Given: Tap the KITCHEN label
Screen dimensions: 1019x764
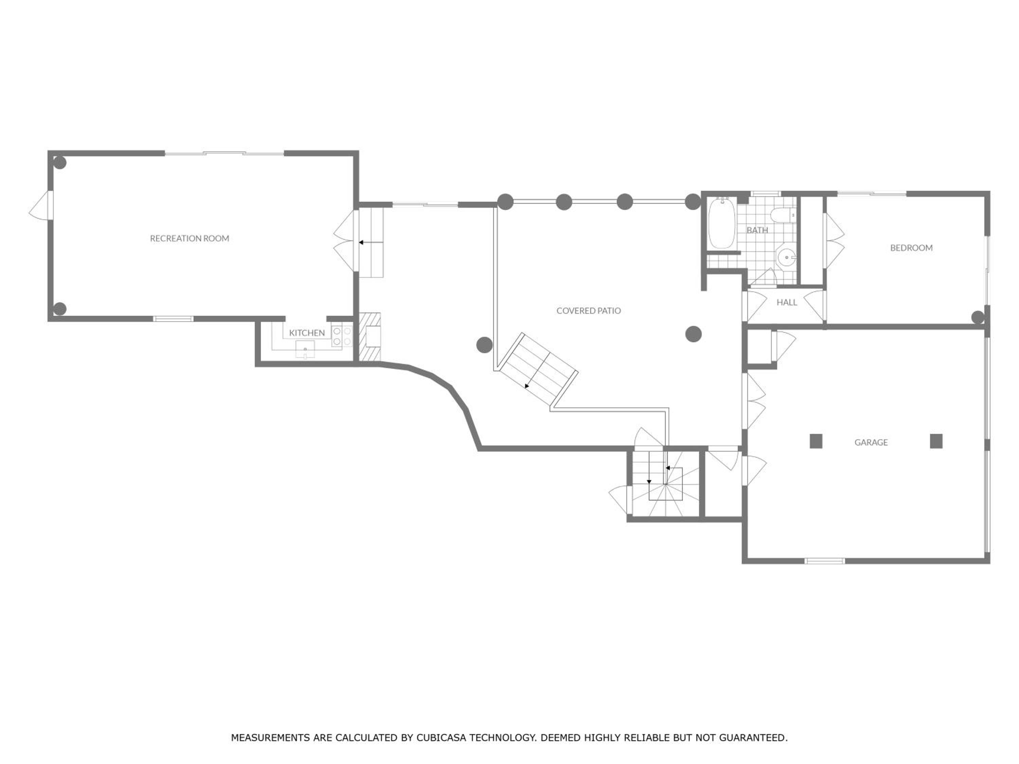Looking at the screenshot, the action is click(x=307, y=332).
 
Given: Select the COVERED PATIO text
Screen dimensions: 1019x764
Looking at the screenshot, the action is click(x=588, y=310).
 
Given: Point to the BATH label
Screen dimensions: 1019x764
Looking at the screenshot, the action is click(x=757, y=230).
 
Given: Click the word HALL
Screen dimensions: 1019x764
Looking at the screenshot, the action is click(x=787, y=302).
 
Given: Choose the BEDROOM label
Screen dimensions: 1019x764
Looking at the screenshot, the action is click(x=911, y=248).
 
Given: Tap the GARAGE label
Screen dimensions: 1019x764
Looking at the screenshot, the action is click(x=871, y=442).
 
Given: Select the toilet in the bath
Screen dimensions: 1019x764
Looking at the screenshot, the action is click(x=782, y=215).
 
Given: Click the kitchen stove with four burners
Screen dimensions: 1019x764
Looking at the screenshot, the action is click(x=342, y=336).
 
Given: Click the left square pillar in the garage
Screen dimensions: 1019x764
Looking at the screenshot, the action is click(x=816, y=441).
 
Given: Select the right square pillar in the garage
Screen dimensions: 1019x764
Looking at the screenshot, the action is click(x=936, y=441).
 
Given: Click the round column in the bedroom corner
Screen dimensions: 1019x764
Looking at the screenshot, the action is click(x=978, y=317).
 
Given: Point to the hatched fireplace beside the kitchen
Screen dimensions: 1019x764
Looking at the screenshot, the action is click(x=370, y=336).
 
